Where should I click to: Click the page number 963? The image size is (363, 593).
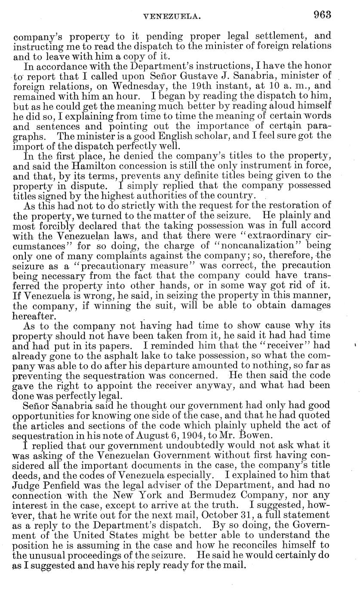322,15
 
